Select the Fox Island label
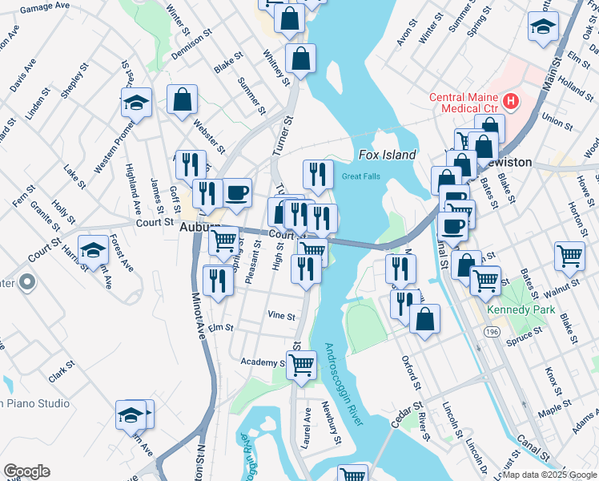pyautogui.click(x=387, y=155)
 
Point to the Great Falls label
pyautogui.click(x=360, y=176)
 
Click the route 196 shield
pyautogui.click(x=497, y=330)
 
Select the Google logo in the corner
pyautogui.click(x=26, y=471)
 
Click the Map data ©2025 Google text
pyautogui.click(x=550, y=475)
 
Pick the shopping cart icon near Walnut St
pyautogui.click(x=569, y=256)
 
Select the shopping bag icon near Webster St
pyautogui.click(x=183, y=99)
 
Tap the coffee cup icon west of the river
pyautogui.click(x=237, y=192)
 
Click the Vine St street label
pyautogui.click(x=281, y=315)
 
